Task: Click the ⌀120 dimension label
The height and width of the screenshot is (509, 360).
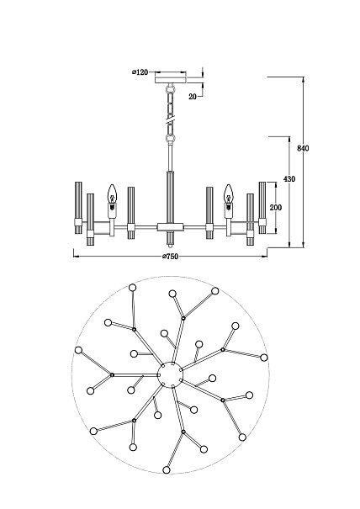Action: coord(140,72)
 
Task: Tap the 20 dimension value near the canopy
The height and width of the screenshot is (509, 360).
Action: coord(193,97)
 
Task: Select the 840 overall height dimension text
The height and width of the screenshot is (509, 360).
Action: coord(303,148)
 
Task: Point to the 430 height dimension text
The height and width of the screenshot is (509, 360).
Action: coord(289,179)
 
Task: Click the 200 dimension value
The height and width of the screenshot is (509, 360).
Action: coord(276,207)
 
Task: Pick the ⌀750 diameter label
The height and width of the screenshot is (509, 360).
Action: coord(171,257)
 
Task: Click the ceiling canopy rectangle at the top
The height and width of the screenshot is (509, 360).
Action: coord(171,80)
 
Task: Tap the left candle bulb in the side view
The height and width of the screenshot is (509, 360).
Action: coord(112,194)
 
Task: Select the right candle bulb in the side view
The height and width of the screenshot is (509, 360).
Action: coord(229,194)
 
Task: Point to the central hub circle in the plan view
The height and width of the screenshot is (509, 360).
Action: coord(170,374)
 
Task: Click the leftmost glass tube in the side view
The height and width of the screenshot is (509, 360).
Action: coord(78,208)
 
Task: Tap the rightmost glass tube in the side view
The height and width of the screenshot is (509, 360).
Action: coord(262,208)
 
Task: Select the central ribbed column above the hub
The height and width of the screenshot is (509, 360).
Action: coord(171,197)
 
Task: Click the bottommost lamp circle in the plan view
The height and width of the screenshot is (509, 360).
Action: coord(167,469)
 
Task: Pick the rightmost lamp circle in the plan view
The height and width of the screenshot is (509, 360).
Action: coord(264,358)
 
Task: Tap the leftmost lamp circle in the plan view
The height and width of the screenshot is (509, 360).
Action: coord(78,350)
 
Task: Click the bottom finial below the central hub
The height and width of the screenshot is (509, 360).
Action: coord(171,238)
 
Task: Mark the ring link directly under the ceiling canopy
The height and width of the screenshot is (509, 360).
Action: coord(171,87)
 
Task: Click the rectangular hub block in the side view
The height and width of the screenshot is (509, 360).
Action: coord(171,227)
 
